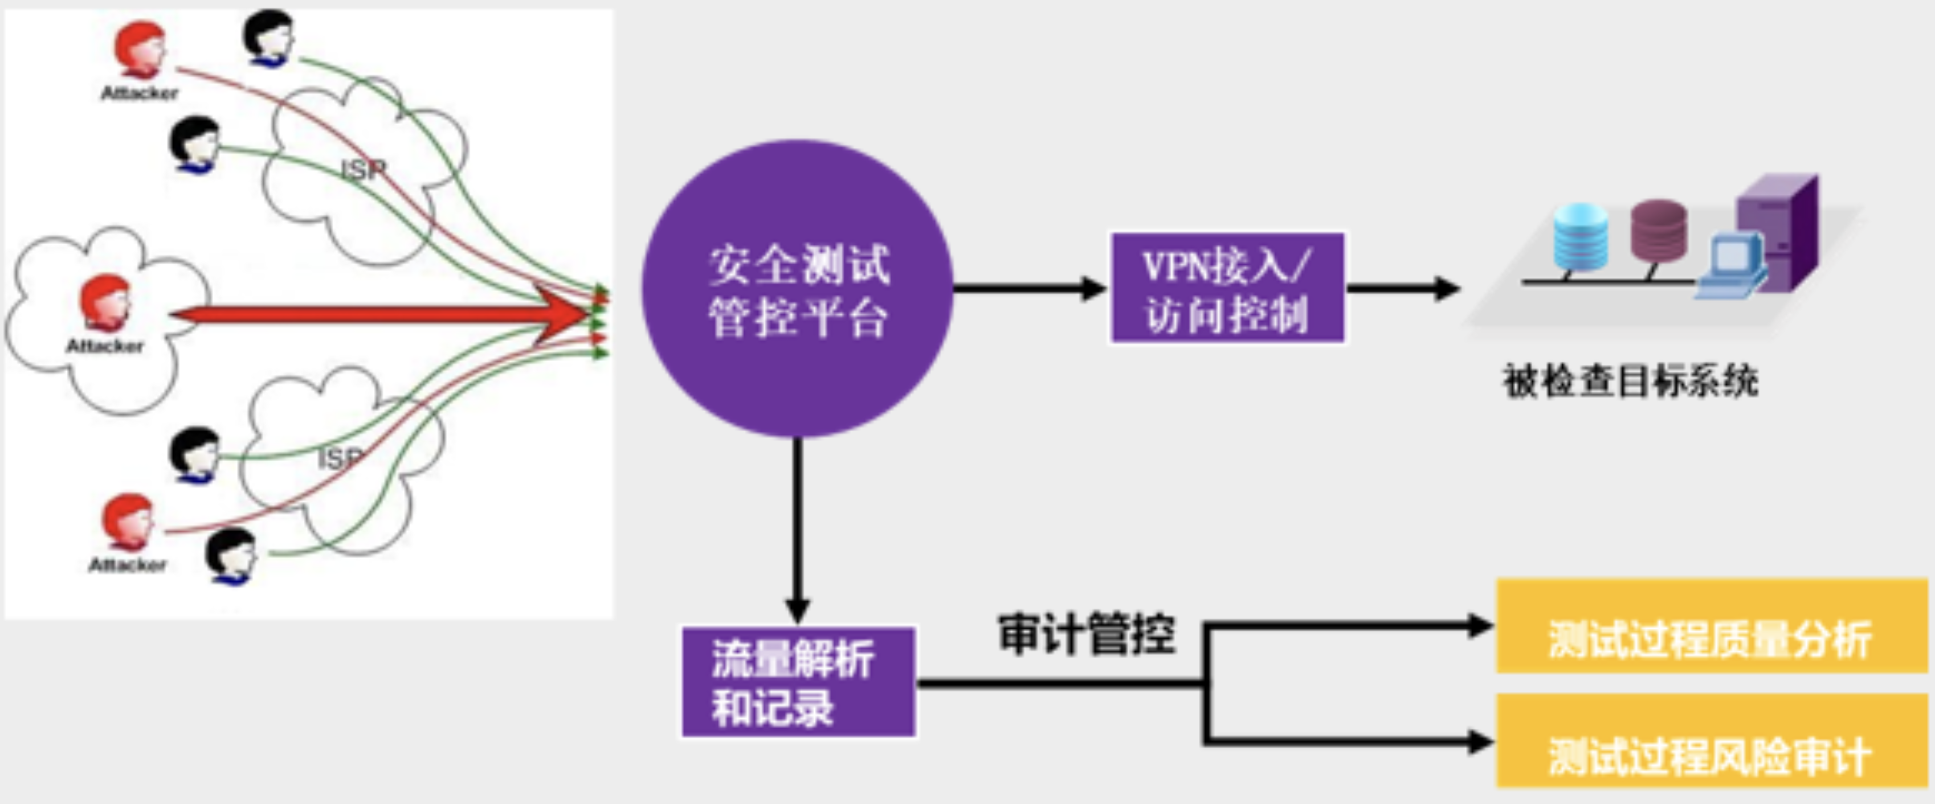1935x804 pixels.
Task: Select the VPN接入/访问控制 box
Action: [1227, 288]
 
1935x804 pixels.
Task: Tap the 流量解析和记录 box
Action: [798, 682]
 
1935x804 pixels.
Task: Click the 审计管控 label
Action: [1086, 634]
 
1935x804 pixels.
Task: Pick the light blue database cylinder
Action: [1581, 236]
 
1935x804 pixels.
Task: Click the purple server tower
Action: [1777, 229]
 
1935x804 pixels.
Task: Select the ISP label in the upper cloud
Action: [364, 170]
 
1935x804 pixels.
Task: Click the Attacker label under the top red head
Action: [140, 93]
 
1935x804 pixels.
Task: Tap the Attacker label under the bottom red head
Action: [128, 564]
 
